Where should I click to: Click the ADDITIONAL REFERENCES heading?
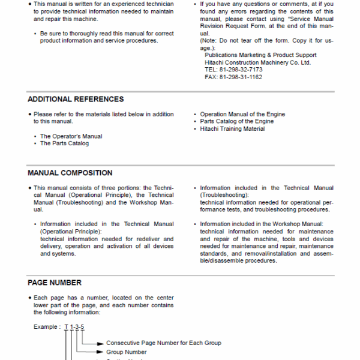tap(76, 99)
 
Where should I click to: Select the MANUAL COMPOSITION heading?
tap(70, 173)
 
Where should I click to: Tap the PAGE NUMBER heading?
tap(55, 282)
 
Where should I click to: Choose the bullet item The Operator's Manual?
tap(71, 136)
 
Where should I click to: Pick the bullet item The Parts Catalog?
tap(64, 143)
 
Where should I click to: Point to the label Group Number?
tap(126, 352)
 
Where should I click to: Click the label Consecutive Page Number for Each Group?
tap(163, 343)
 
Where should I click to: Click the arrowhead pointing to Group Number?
tap(101, 352)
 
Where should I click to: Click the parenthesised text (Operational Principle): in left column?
tap(71, 231)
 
